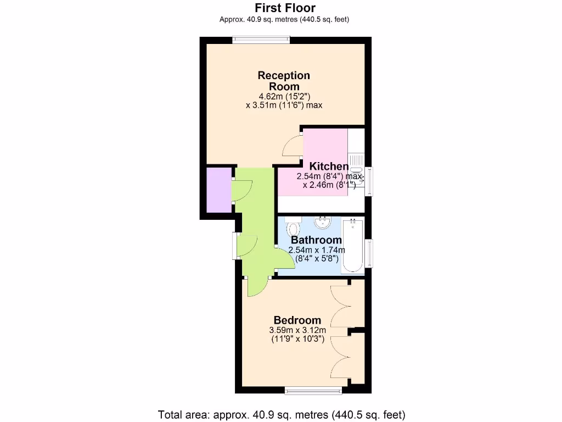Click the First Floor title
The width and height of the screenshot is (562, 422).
click(284, 8)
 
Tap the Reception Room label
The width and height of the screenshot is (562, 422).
click(284, 81)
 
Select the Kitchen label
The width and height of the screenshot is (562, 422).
click(329, 166)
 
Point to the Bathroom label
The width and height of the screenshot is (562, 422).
click(316, 240)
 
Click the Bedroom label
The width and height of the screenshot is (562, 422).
click(297, 320)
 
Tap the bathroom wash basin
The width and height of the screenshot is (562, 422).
click(323, 222)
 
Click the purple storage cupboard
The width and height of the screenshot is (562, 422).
click(218, 190)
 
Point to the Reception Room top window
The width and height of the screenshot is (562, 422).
click(261, 38)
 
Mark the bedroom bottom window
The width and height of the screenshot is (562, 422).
click(313, 390)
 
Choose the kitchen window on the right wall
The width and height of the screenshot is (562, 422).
click(369, 180)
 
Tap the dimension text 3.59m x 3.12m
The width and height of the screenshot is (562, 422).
click(297, 330)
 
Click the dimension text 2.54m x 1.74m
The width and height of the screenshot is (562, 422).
click(316, 250)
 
